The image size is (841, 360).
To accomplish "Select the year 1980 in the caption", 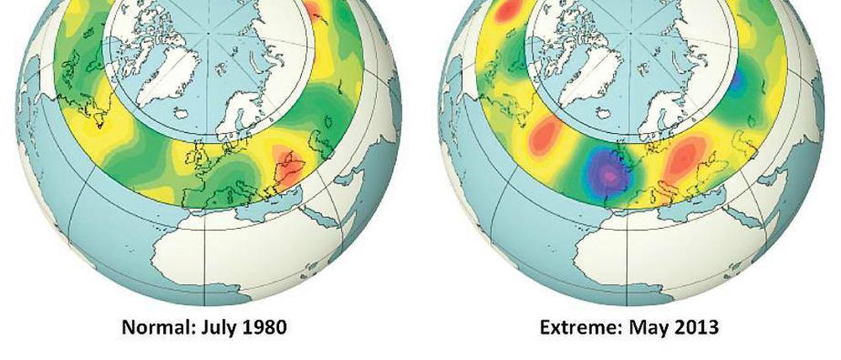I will (x=263, y=326).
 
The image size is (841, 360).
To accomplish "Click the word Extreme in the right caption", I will (x=576, y=326).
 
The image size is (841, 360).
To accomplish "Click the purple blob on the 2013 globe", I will (x=611, y=172).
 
